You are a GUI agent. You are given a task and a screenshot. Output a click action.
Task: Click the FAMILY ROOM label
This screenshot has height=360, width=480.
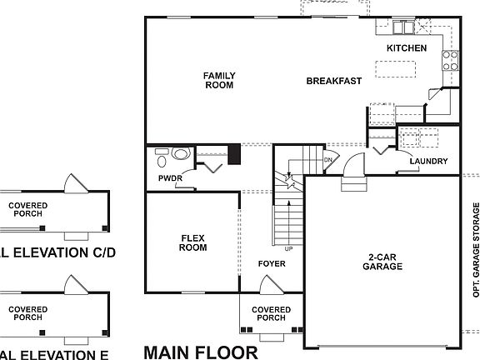click(x=219, y=80)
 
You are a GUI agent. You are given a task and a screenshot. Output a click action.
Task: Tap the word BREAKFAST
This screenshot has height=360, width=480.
click(x=333, y=81)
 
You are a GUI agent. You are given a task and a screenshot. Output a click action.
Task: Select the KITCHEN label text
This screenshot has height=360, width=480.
click(x=406, y=48)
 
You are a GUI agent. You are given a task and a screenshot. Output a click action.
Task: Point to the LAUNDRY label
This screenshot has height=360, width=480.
click(x=428, y=162)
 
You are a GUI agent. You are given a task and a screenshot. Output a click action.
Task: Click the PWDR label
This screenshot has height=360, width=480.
click(x=170, y=178)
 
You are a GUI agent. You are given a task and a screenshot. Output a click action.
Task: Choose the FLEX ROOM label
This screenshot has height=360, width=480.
click(x=193, y=242)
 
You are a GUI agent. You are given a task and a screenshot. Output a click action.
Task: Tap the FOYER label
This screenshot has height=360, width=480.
click(x=271, y=264)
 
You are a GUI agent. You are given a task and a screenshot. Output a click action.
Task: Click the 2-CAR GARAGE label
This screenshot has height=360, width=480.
click(x=382, y=262)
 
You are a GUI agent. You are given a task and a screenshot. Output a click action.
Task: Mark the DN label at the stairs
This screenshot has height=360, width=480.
click(x=328, y=158)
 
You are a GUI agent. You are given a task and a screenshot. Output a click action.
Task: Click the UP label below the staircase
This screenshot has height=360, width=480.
click(x=289, y=248)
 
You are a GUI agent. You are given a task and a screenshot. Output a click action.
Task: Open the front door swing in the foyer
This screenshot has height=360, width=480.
click(x=270, y=285)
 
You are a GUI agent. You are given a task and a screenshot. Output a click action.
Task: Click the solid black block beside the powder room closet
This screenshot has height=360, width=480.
click(x=234, y=154)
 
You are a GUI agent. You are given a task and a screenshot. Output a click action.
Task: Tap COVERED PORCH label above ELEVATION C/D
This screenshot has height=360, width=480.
click(x=28, y=208)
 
